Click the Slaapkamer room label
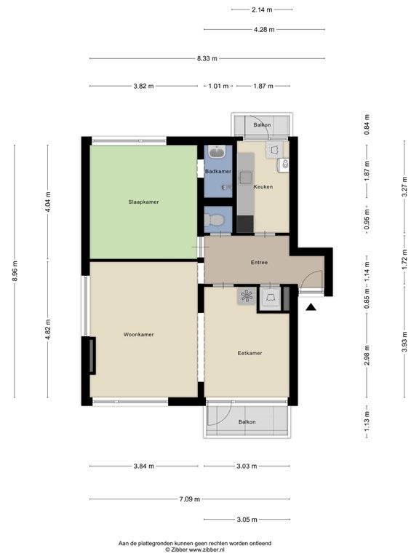pyautogui.click(x=143, y=202)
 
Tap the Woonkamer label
pyautogui.click(x=139, y=334)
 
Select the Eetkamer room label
pyautogui.click(x=250, y=353)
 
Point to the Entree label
pyautogui.click(x=259, y=262)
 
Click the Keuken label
pyautogui.click(x=263, y=186)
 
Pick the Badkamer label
pyautogui.click(x=218, y=171)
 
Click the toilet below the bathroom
pyautogui.click(x=214, y=220)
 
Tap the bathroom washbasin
pyautogui.click(x=217, y=152)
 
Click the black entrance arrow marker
pyautogui.click(x=311, y=307)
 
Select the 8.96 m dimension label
pyautogui.click(x=15, y=271)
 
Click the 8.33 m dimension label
pyautogui.click(x=207, y=58)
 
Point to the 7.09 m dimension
pyautogui.click(x=190, y=499)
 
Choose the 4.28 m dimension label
pyautogui.click(x=264, y=30)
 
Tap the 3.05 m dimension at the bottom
pyautogui.click(x=247, y=520)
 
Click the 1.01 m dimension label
pyautogui.click(x=218, y=86)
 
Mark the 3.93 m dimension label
pyautogui.click(x=404, y=342)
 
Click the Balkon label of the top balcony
pyautogui.click(x=262, y=124)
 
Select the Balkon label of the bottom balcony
pyautogui.click(x=247, y=421)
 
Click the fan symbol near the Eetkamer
pyautogui.click(x=247, y=296)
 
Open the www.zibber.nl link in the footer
pyautogui.click(x=207, y=550)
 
